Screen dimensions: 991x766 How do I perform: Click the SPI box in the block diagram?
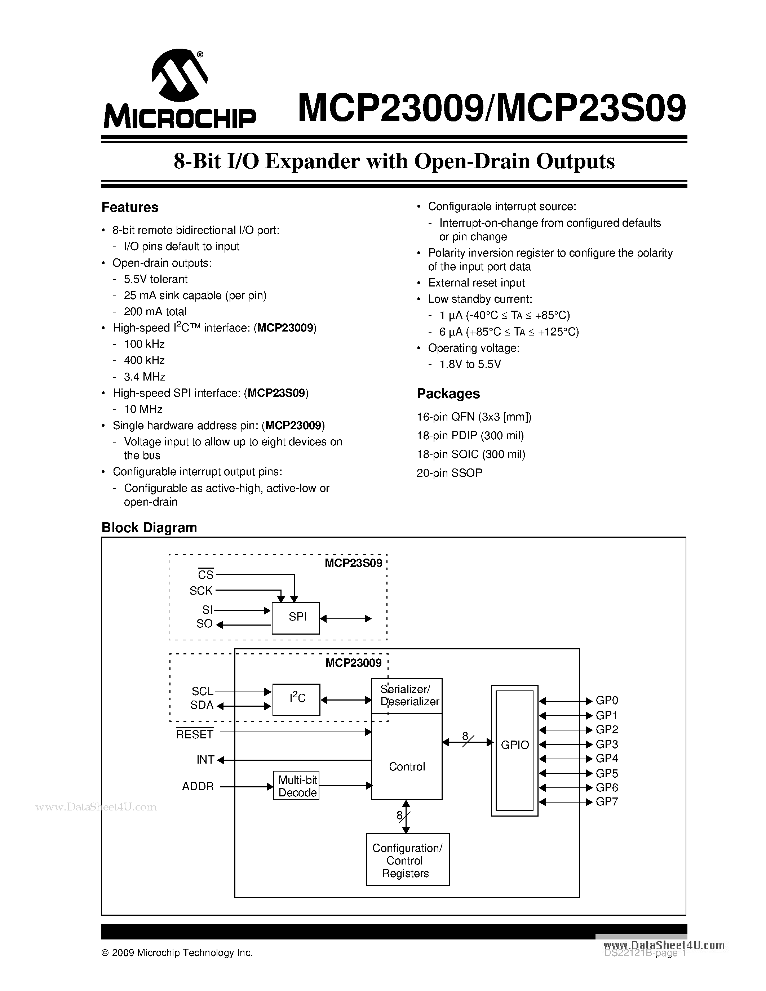[x=296, y=618]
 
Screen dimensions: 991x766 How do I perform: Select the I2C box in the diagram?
[x=296, y=699]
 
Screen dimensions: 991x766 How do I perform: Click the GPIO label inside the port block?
[x=515, y=745]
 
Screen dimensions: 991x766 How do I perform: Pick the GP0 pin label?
[x=607, y=701]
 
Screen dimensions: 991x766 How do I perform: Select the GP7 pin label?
[x=607, y=802]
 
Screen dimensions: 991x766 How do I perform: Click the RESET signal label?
[x=195, y=734]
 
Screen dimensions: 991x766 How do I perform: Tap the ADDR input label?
[x=198, y=786]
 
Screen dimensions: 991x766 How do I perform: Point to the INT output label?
[x=205, y=760]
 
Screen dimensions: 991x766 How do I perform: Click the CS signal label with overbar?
[x=205, y=575]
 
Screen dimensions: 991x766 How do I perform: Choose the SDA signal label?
[x=202, y=705]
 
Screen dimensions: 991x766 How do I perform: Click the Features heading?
[x=130, y=207]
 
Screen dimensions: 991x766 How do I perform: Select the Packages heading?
[x=448, y=394]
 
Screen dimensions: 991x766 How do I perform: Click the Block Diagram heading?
[x=149, y=527]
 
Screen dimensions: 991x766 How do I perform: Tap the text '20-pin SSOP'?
[x=449, y=473]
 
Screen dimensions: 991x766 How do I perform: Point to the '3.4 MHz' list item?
[x=144, y=377]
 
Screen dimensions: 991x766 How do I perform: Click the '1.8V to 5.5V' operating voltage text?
[x=470, y=364]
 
